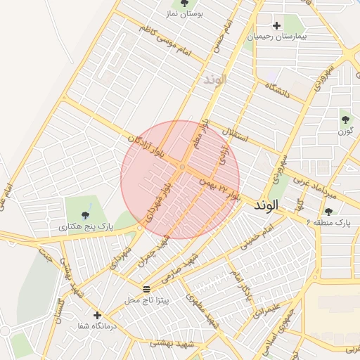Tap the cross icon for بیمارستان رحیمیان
coord(276,26)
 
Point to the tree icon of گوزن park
coord(345,119)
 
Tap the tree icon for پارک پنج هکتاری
coord(86,214)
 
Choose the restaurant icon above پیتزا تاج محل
coord(146,289)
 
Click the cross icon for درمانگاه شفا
coord(97,316)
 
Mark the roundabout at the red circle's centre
coord(182,167)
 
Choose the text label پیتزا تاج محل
coord(147,300)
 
